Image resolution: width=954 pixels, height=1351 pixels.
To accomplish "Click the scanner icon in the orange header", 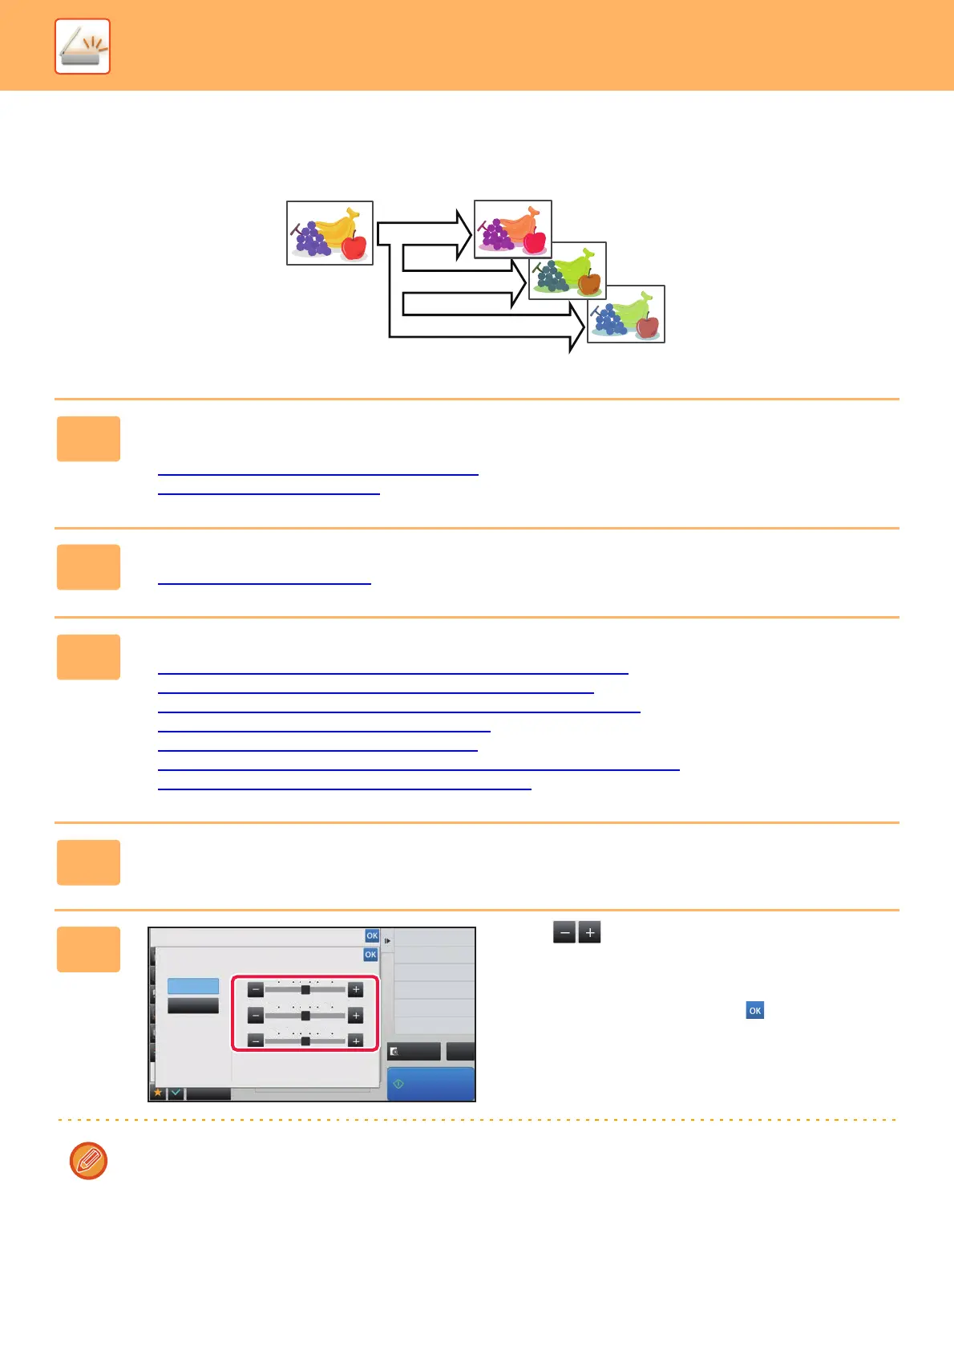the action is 83,47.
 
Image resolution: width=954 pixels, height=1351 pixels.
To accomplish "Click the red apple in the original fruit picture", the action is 354,246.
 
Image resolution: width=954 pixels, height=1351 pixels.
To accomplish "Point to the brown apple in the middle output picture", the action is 589,282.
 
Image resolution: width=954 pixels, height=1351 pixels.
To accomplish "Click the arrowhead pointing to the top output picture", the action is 463,233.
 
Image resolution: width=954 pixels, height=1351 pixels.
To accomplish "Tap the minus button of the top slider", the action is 255,990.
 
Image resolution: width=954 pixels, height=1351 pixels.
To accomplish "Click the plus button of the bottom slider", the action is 356,1041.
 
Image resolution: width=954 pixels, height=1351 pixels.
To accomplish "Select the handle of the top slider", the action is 305,990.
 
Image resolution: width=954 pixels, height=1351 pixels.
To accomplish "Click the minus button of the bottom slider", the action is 255,1041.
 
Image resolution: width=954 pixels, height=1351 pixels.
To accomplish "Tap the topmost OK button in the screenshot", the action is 372,935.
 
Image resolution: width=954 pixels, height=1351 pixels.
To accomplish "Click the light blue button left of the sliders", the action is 193,986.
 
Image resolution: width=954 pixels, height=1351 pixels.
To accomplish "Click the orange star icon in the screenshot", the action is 158,1093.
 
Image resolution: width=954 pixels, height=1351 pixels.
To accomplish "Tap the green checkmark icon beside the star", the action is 176,1093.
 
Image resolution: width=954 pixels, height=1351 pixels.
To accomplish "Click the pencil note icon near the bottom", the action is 88,1161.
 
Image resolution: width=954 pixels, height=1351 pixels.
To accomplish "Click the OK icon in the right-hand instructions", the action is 754,1010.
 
